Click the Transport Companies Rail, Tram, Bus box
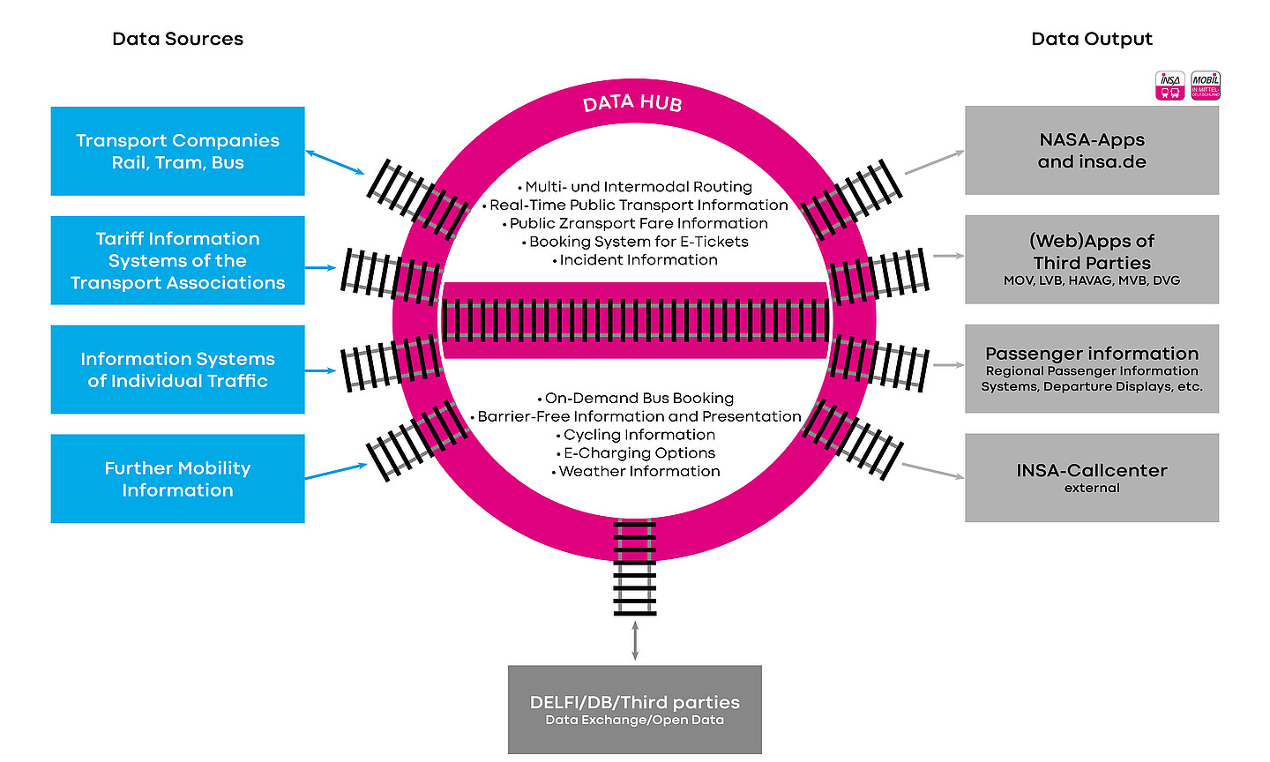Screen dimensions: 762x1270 click(177, 151)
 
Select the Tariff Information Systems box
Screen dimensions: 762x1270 click(177, 260)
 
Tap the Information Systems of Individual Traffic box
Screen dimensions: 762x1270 click(177, 370)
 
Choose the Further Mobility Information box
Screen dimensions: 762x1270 click(177, 478)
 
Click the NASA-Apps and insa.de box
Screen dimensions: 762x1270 click(1092, 150)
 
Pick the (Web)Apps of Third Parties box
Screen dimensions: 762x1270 click(1092, 259)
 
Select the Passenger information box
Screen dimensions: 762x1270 click(1092, 369)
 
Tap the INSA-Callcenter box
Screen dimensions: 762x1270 click(1092, 477)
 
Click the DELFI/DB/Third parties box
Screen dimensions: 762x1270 click(635, 709)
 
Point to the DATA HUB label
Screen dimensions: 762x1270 click(632, 103)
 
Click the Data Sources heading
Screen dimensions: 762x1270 click(177, 39)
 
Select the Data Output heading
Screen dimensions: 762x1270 click(1092, 39)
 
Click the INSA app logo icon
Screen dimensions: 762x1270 click(1170, 86)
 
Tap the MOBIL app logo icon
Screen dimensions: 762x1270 click(1206, 86)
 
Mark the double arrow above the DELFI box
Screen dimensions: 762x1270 click(635, 640)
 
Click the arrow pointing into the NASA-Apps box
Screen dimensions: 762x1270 click(935, 162)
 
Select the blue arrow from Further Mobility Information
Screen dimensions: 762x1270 click(336, 471)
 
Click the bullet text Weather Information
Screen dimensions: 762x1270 click(639, 471)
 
